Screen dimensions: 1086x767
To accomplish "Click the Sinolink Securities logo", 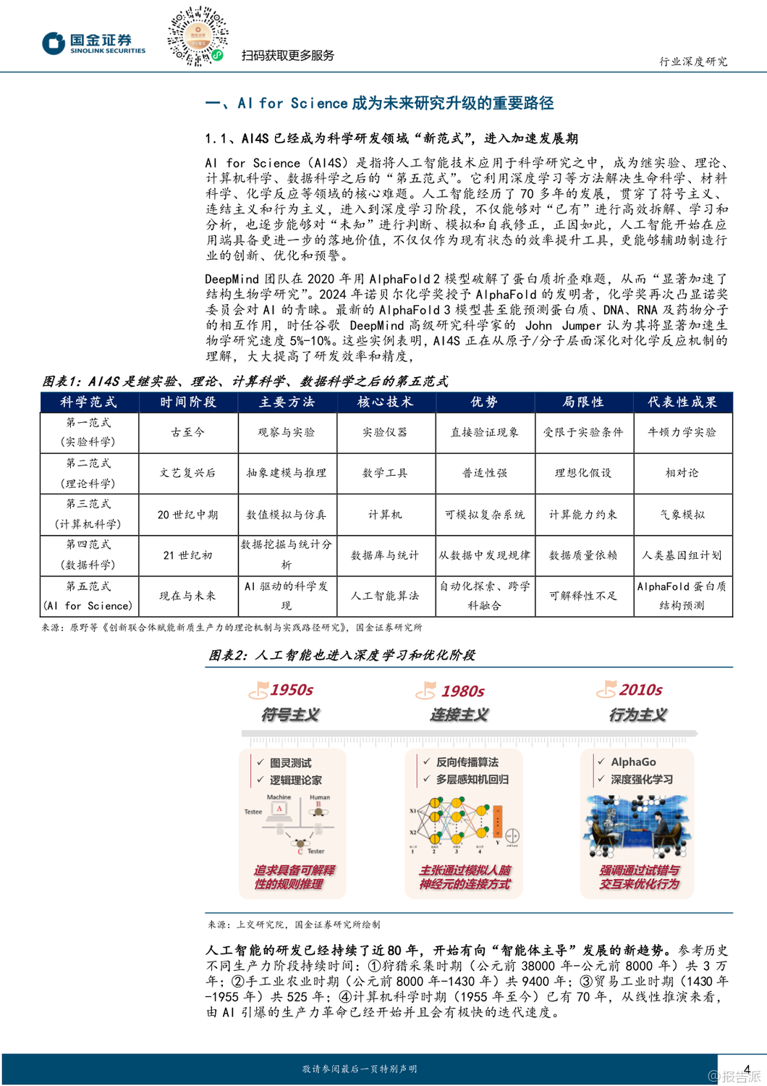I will pyautogui.click(x=93, y=43).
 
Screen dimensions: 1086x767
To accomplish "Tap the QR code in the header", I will pyautogui.click(x=198, y=36).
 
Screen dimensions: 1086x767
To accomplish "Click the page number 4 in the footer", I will pyautogui.click(x=747, y=1069).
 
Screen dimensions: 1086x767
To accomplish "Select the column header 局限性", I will pyautogui.click(x=583, y=402).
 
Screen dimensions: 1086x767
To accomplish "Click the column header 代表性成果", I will pyautogui.click(x=682, y=402).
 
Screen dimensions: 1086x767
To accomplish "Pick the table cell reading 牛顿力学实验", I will pyautogui.click(x=682, y=432).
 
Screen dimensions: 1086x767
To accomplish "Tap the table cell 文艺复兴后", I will pyautogui.click(x=187, y=473).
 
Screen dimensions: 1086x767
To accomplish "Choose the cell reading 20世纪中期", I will pyautogui.click(x=187, y=515).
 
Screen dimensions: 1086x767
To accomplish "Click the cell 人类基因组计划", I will pyautogui.click(x=682, y=555).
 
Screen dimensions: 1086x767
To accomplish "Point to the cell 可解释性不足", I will pyautogui.click(x=583, y=596).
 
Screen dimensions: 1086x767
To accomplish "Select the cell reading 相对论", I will pyautogui.click(x=682, y=473).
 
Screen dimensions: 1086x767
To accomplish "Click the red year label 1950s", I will pyautogui.click(x=292, y=690).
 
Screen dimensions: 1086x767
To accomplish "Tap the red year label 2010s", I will pyautogui.click(x=640, y=690).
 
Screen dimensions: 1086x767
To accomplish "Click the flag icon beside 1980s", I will pyautogui.click(x=426, y=691).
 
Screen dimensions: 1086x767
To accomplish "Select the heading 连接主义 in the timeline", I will pyautogui.click(x=459, y=715).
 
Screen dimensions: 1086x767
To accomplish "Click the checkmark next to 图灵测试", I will pyautogui.click(x=260, y=762).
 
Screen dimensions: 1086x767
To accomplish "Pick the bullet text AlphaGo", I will pyautogui.click(x=633, y=762).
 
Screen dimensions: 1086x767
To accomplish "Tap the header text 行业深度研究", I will pyautogui.click(x=693, y=62).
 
